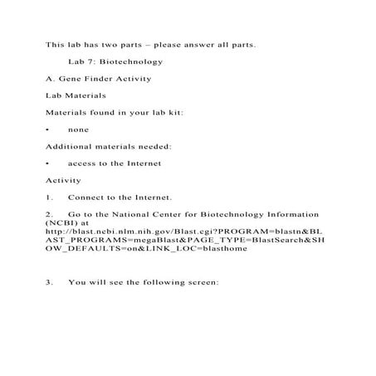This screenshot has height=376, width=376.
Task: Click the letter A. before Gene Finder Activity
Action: [x=50, y=79]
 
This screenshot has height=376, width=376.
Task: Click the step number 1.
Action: [x=49, y=198]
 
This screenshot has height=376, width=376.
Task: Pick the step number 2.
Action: [x=49, y=214]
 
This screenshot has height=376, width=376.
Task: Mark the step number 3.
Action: [x=49, y=282]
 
